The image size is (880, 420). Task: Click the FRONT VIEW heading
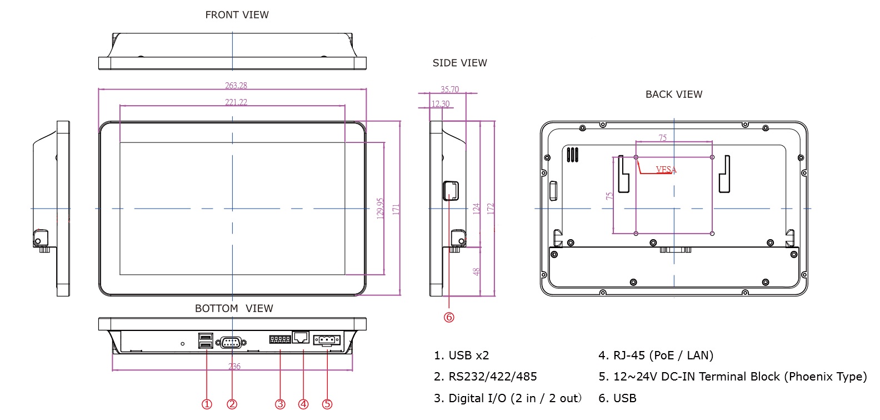237,15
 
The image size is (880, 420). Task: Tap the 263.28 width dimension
236,86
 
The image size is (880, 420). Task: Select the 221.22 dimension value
236,102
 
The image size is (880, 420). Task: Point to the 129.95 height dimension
381,209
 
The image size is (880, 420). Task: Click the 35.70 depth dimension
449,90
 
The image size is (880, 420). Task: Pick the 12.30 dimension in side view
441,104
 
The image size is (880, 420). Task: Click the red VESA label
666,170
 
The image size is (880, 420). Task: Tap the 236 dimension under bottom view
234,367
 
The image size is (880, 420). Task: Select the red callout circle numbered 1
207,404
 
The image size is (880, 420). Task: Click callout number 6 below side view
449,317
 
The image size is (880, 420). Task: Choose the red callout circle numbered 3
280,404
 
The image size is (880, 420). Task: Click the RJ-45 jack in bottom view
301,337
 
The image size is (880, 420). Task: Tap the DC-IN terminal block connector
327,339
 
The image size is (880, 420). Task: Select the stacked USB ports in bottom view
205,341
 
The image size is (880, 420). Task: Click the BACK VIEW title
673,95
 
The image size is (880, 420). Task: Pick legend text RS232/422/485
485,377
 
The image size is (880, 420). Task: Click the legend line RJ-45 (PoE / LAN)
656,355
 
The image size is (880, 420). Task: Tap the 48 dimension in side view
476,272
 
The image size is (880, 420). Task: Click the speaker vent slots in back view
573,155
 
